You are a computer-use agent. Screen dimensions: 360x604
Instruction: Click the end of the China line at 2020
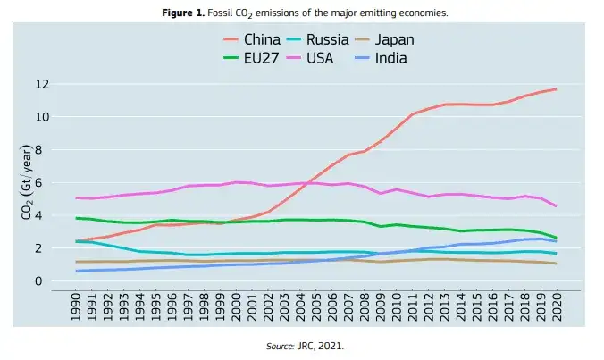pyautogui.click(x=557, y=89)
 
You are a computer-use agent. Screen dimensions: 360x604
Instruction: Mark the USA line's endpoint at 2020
pyautogui.click(x=557, y=206)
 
